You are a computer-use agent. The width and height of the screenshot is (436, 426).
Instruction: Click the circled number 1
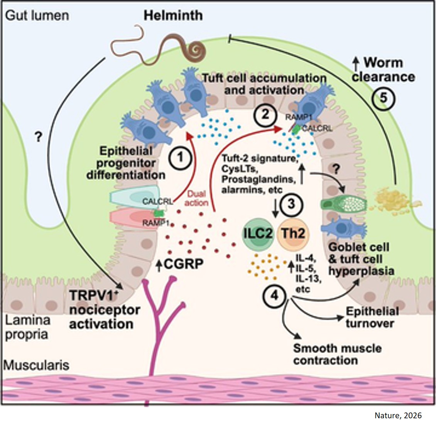tap(179, 157)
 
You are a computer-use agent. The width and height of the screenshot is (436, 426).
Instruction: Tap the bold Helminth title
tap(173, 15)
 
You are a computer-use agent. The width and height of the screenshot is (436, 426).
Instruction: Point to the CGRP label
tap(183, 264)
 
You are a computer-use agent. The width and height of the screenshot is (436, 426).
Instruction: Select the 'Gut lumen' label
tap(37, 15)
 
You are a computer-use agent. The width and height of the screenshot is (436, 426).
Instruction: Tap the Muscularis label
tap(37, 365)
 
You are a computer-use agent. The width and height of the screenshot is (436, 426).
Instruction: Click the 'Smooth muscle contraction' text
tap(337, 354)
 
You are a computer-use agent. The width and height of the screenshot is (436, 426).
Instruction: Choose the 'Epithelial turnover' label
tap(372, 317)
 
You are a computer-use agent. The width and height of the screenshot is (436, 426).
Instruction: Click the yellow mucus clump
tap(391, 195)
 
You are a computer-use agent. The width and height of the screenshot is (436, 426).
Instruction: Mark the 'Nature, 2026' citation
tap(398, 415)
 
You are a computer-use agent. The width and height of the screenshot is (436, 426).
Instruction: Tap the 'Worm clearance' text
tap(383, 69)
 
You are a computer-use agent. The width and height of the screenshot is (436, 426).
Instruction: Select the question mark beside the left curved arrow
tap(38, 137)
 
